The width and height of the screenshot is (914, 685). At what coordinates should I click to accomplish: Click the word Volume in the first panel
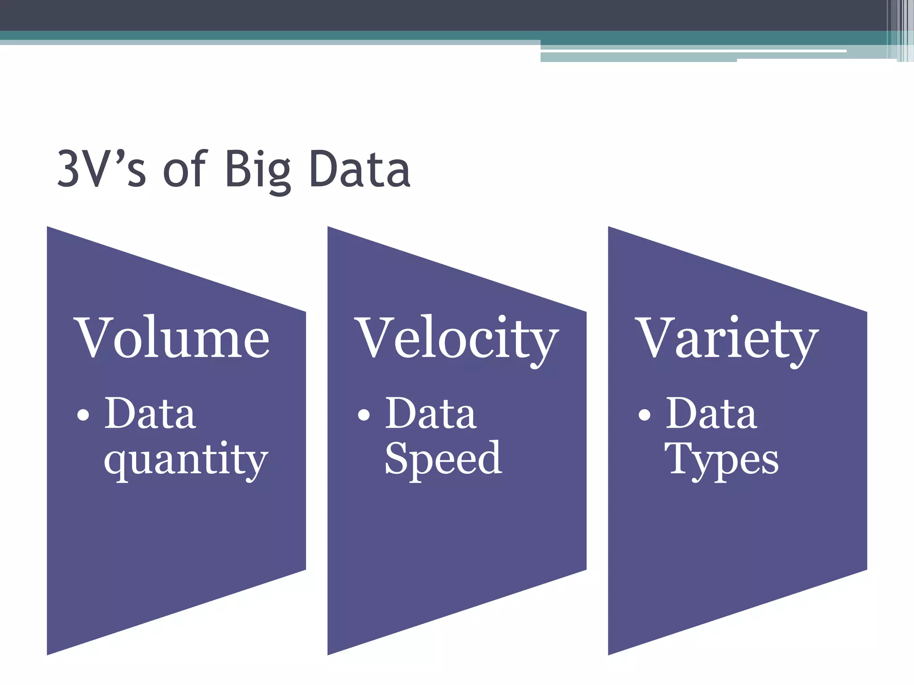[x=174, y=338]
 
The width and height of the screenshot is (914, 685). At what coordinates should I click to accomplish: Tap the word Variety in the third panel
[x=728, y=339]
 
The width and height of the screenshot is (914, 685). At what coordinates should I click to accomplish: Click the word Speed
[x=443, y=459]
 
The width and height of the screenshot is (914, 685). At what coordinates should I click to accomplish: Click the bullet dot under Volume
[x=83, y=415]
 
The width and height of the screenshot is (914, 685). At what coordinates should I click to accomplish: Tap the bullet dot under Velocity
[x=364, y=415]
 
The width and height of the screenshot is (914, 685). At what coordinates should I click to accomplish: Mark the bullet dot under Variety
[x=644, y=415]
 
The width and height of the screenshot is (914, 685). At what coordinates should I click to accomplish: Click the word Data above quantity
[x=150, y=413]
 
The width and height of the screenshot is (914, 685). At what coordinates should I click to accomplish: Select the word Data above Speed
[x=431, y=413]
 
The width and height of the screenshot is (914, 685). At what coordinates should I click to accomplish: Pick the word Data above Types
[x=711, y=413]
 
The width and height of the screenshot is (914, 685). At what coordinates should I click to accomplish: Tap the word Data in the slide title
[x=360, y=169]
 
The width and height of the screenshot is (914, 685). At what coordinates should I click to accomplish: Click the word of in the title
[x=185, y=169]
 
